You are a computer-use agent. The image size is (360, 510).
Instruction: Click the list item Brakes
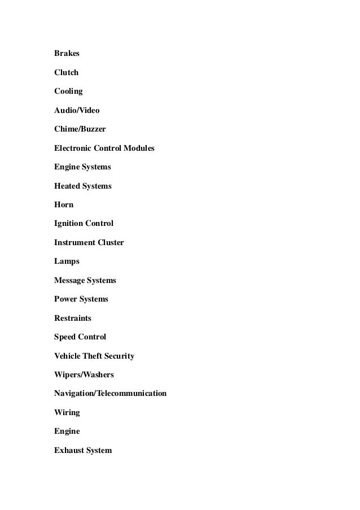67,54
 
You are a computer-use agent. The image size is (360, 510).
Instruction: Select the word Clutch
66,73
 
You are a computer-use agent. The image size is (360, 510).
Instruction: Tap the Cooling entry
68,91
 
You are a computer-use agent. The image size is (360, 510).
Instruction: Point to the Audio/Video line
77,110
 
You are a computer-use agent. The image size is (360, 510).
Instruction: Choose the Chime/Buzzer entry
80,129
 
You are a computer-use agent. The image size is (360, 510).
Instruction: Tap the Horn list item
64,204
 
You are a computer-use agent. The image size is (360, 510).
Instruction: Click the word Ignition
68,224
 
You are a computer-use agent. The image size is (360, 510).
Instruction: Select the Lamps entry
67,261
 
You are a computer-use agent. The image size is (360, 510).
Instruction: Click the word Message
69,280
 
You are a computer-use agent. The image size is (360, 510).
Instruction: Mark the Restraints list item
72,318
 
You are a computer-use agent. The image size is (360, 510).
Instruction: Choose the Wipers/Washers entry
84,374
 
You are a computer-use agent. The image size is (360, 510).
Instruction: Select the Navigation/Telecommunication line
110,393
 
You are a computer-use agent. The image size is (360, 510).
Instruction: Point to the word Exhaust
68,450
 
